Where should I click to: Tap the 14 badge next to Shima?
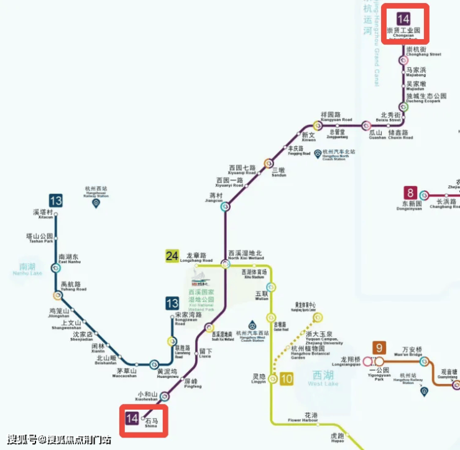click(132, 418)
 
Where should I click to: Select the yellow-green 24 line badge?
click(172, 255)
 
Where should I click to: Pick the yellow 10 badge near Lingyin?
click(287, 379)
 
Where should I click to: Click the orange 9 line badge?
click(379, 348)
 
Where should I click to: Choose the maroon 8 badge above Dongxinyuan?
click(410, 193)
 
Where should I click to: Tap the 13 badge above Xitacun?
click(56, 200)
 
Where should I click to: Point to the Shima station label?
click(152, 423)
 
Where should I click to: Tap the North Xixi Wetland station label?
click(246, 255)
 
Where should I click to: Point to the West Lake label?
click(323, 379)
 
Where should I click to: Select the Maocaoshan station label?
click(126, 374)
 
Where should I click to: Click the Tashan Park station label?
click(39, 238)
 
